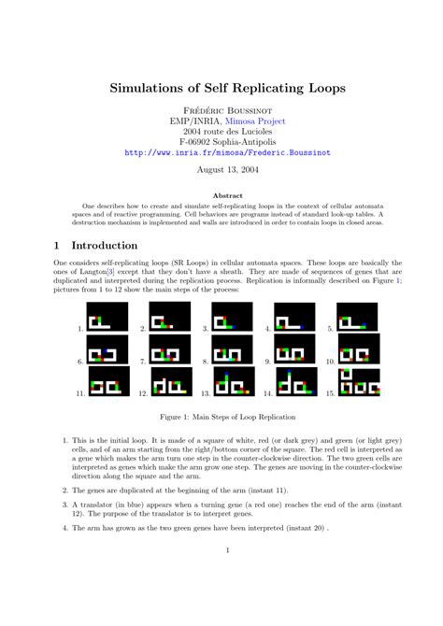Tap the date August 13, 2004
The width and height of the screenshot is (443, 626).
(221, 170)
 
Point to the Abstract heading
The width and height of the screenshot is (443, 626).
(221, 195)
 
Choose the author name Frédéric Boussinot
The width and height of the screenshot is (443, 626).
(221, 108)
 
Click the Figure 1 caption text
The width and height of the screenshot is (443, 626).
(221, 416)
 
